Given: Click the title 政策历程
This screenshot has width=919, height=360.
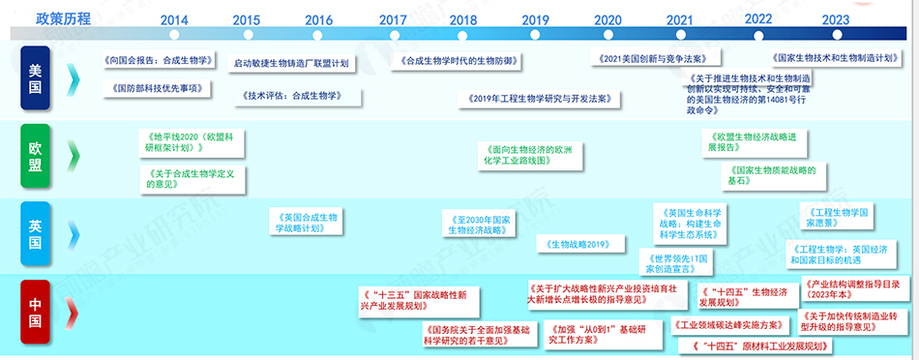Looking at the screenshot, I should coord(65,18).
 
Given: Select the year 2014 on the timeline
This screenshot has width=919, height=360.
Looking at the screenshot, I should coord(174,20).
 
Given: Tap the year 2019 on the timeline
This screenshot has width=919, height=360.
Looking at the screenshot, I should coord(535,20).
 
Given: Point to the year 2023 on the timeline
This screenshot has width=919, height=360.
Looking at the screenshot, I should coord(836,19).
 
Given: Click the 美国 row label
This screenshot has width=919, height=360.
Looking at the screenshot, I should coord(35,78).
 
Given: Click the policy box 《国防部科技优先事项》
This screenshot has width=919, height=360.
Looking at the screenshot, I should coord(157,88).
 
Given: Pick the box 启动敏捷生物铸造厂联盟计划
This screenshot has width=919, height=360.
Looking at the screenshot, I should coord(291,64).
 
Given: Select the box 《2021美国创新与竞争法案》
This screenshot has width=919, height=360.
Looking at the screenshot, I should coord(645,60).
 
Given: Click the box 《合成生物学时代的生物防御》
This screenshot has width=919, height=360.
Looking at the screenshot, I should coord(458,61).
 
